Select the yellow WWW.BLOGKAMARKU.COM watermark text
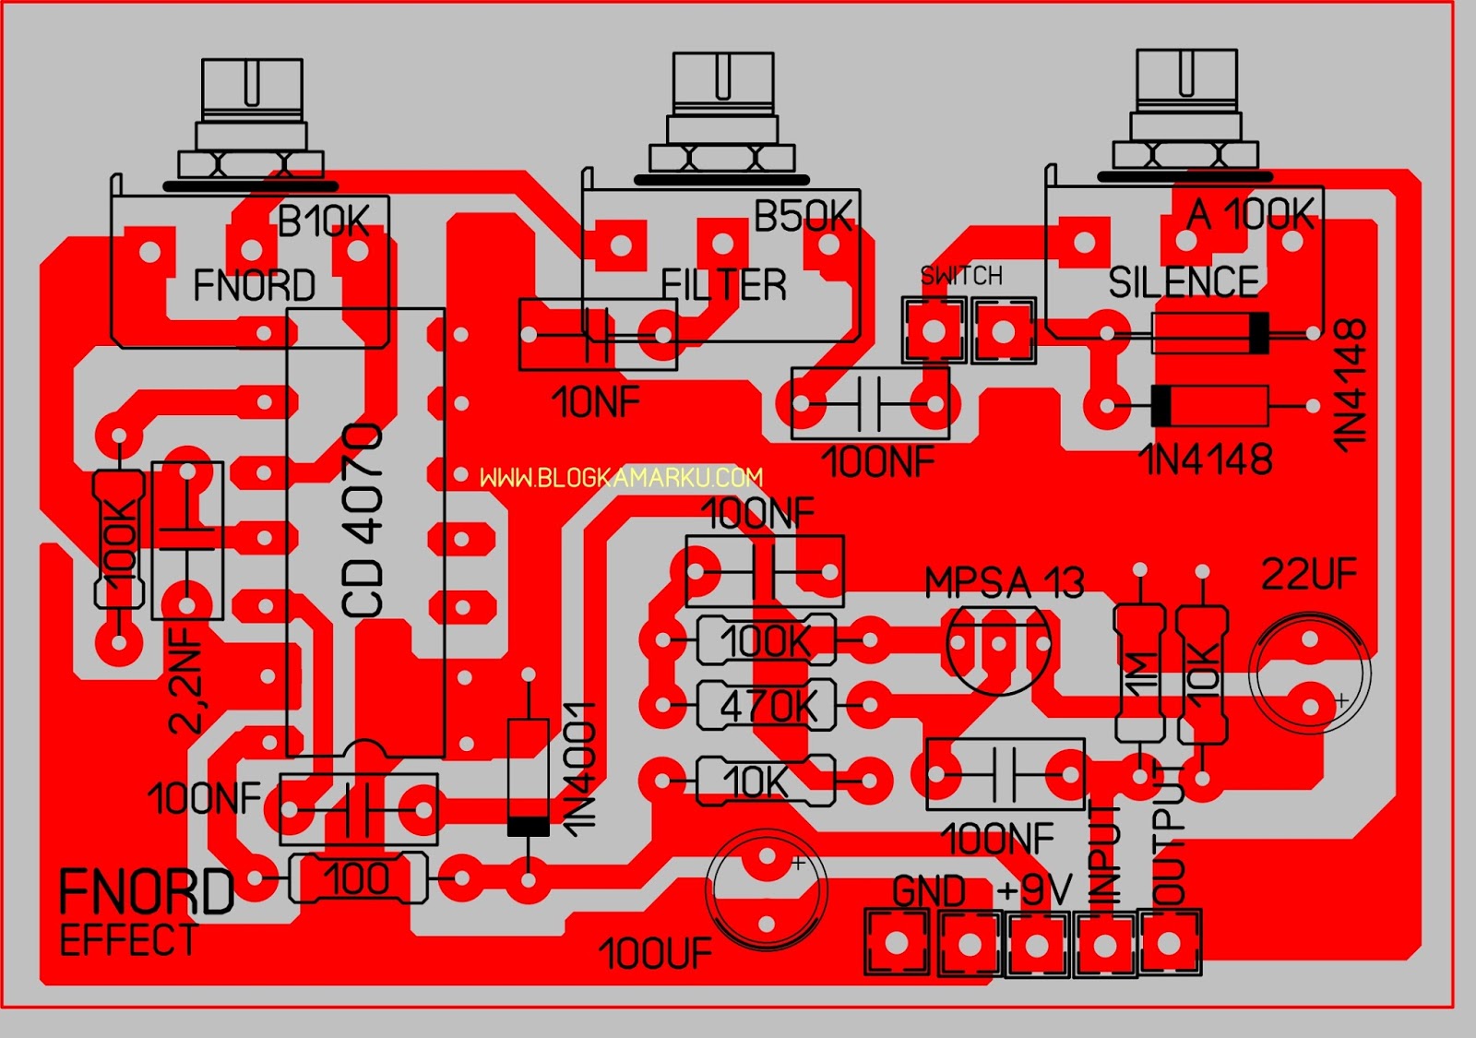(621, 477)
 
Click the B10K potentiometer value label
(323, 221)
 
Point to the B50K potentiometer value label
(803, 217)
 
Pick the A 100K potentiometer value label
(1250, 215)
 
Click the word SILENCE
(1183, 281)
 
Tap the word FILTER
(724, 284)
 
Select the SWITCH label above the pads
(961, 275)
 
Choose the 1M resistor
(1141, 674)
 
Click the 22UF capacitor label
(1309, 575)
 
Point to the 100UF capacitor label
(655, 954)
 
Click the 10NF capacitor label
(596, 402)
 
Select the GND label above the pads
(928, 891)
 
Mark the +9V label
(1034, 890)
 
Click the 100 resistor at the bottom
(358, 878)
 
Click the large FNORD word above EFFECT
(146, 892)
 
